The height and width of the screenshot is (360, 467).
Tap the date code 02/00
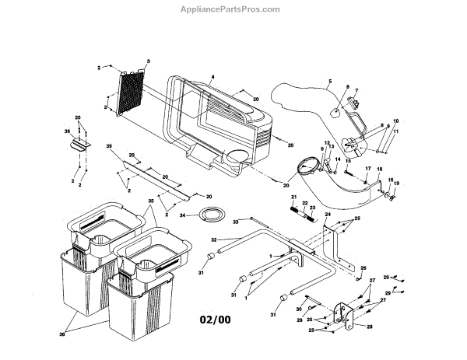pos(216,319)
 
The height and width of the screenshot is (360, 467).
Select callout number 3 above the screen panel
pos(149,61)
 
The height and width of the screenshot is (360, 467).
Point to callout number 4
pos(212,78)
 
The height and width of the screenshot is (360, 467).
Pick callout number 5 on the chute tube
pos(329,81)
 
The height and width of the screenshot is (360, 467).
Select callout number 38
pos(67,132)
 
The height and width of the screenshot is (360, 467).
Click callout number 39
pos(110,147)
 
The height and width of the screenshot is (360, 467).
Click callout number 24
pos(328,213)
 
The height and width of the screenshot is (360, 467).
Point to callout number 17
pos(367,169)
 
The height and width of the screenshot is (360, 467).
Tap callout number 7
pos(356,90)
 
